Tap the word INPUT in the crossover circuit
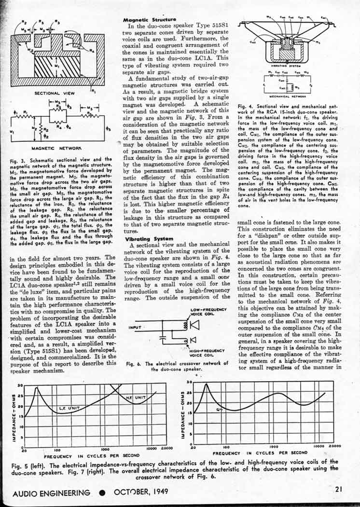pos(135,327)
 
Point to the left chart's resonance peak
pos(36,388)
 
